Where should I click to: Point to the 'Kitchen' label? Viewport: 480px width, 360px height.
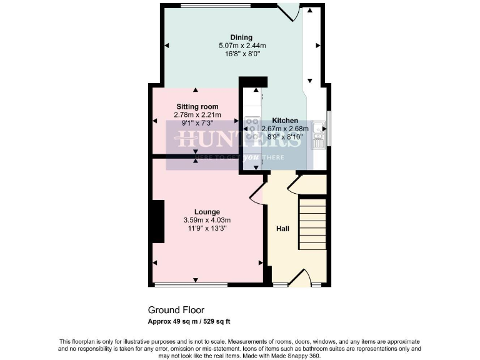click(x=284, y=121)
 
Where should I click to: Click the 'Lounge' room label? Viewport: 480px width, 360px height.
click(x=207, y=212)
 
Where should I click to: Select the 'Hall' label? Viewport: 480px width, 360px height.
click(x=282, y=229)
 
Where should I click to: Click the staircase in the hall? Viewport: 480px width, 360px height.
click(x=313, y=222)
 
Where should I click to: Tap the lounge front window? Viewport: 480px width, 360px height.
click(x=191, y=285)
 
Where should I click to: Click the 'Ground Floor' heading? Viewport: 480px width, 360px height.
click(x=176, y=310)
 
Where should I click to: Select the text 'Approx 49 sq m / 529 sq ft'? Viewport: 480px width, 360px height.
click(x=189, y=321)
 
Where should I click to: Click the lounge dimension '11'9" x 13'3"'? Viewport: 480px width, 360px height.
click(x=207, y=228)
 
